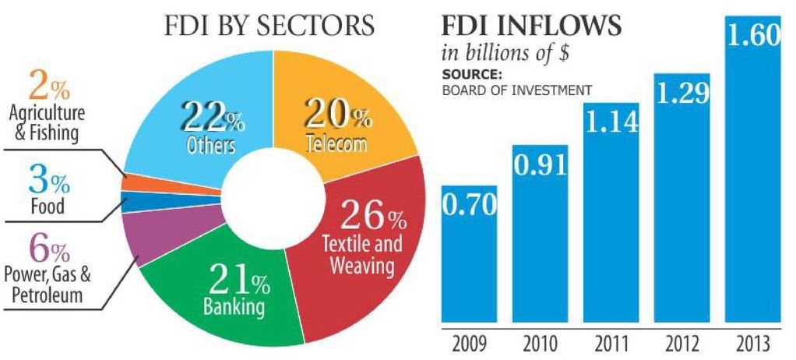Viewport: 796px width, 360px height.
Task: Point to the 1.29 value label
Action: coord(682,92)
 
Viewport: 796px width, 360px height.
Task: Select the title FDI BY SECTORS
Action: coord(269,26)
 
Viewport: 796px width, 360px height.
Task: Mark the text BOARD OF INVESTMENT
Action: coord(516,90)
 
